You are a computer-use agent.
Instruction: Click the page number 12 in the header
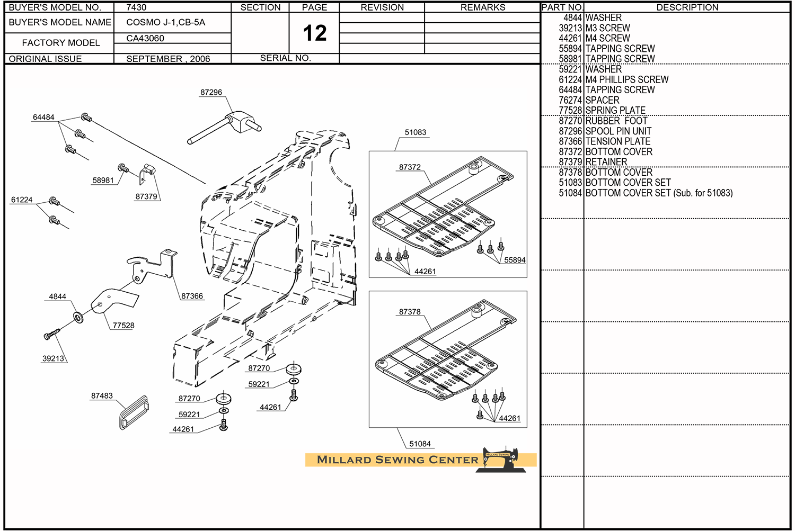(x=314, y=33)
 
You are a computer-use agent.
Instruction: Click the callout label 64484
(x=43, y=117)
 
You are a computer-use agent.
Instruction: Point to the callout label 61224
(x=22, y=200)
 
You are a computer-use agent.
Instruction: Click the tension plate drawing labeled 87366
(x=153, y=264)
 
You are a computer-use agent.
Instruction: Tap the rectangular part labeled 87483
(x=133, y=412)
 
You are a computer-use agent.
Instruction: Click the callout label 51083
(x=415, y=132)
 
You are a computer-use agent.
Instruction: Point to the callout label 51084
(x=420, y=444)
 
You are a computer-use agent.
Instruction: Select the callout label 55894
(x=515, y=260)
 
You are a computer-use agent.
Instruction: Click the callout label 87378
(x=410, y=312)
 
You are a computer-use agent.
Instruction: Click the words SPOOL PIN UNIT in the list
(x=618, y=131)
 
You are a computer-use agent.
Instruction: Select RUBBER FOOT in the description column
(x=616, y=121)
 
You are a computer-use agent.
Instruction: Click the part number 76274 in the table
(x=570, y=100)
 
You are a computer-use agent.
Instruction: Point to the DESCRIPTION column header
(x=687, y=7)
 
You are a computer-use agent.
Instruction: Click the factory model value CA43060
(x=145, y=38)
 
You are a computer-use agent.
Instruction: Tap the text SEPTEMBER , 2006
(x=168, y=59)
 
